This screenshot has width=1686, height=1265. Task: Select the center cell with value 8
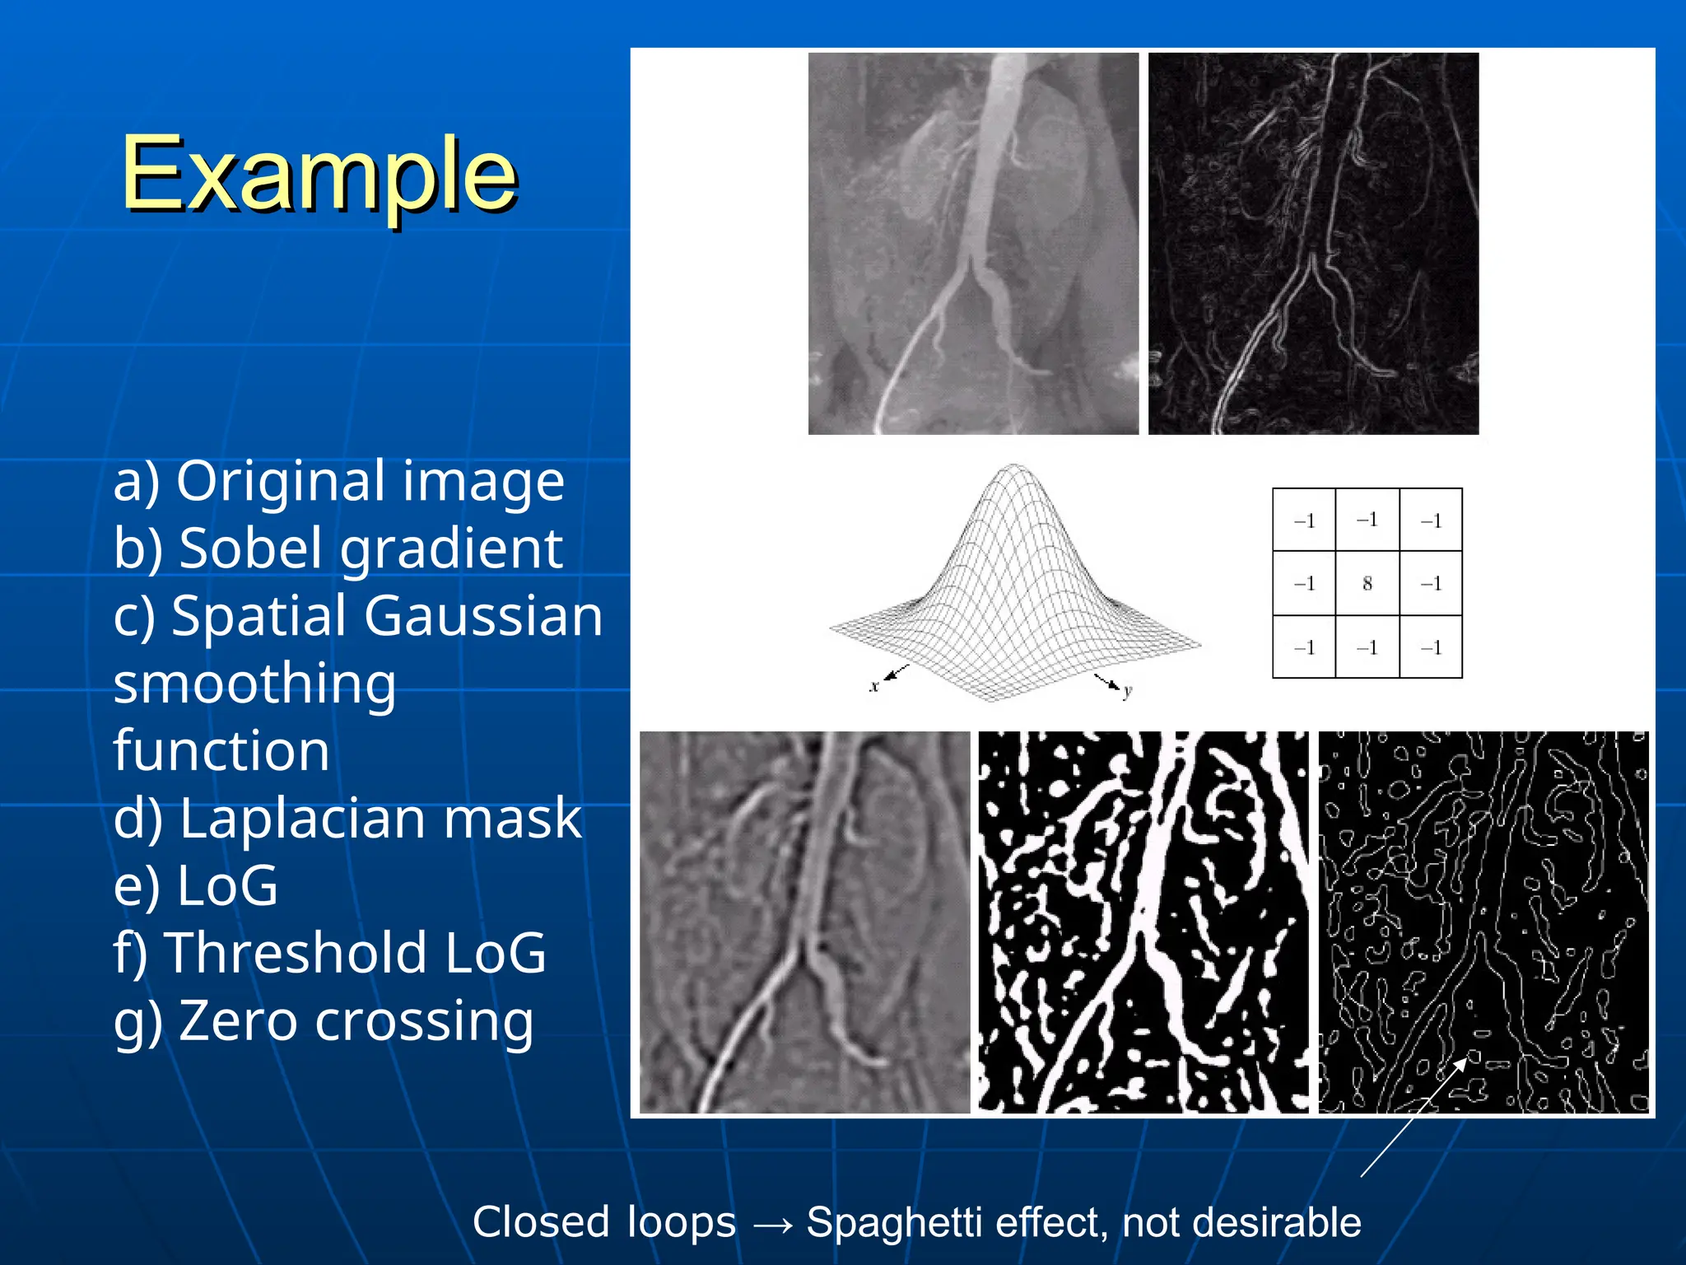(1367, 583)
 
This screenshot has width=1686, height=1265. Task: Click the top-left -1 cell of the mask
(1304, 520)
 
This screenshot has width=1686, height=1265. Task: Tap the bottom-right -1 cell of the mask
(1431, 647)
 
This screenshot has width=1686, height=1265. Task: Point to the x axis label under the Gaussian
(874, 686)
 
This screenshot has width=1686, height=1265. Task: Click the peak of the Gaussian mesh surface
(1013, 468)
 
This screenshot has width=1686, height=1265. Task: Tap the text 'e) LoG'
(196, 886)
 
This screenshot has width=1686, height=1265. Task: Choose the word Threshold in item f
(296, 953)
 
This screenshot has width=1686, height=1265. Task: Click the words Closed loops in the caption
(603, 1222)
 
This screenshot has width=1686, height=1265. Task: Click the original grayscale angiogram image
(973, 244)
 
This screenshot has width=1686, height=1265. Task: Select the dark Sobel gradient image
(1313, 244)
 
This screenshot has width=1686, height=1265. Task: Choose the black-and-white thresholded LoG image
(1143, 922)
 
